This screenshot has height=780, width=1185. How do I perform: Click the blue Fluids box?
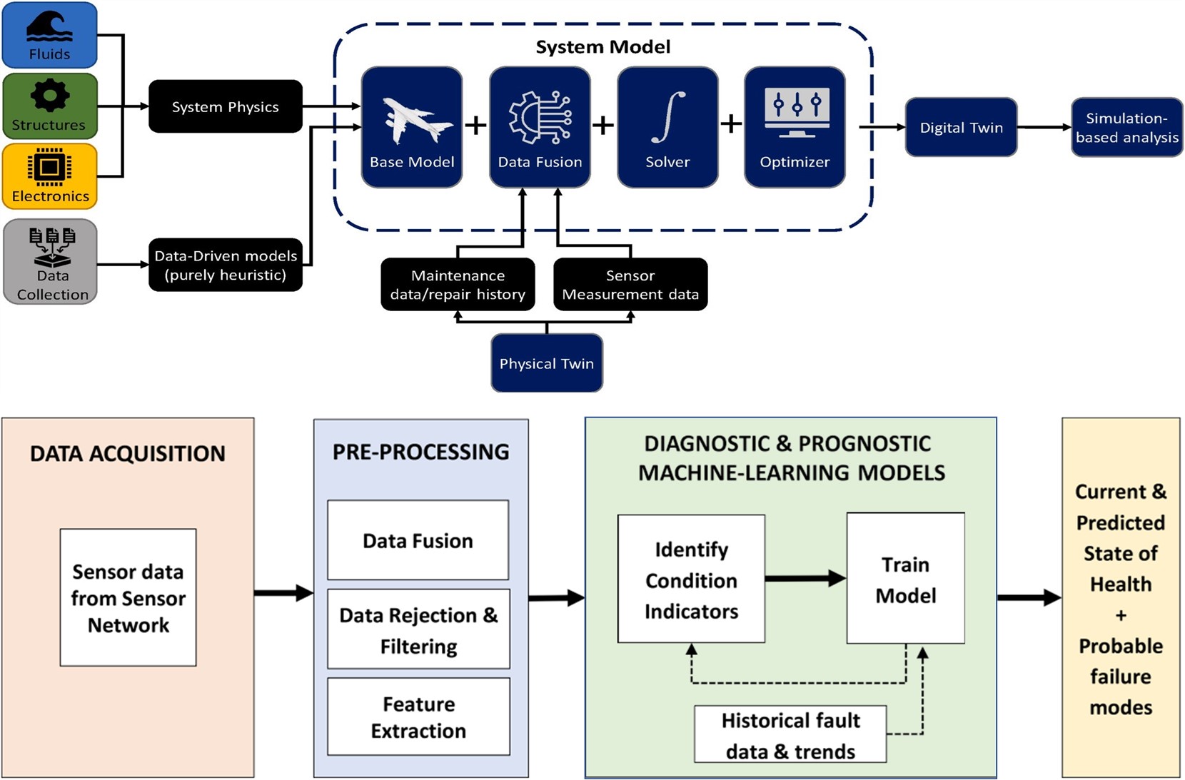click(x=49, y=35)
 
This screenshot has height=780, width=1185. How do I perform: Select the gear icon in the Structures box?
click(x=49, y=96)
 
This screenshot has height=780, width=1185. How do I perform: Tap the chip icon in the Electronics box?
click(x=49, y=167)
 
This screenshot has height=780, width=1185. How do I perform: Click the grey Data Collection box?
click(x=50, y=262)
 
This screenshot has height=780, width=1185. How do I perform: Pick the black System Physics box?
click(x=226, y=106)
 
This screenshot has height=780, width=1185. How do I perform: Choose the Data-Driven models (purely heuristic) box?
click(x=226, y=265)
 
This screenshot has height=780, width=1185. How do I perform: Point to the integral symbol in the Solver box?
click(x=668, y=116)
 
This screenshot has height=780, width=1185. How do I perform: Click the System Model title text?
click(x=603, y=47)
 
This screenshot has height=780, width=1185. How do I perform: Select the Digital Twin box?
click(x=961, y=128)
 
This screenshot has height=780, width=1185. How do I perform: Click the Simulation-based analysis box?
click(x=1126, y=128)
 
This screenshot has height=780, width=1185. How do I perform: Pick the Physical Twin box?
click(x=547, y=363)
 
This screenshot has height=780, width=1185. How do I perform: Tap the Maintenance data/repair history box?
click(x=458, y=285)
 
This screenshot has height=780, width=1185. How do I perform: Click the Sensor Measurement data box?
click(x=630, y=285)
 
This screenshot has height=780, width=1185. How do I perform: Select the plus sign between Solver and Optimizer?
click(x=731, y=124)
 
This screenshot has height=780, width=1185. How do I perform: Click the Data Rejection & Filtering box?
click(x=418, y=629)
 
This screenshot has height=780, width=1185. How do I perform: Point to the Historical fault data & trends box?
click(x=790, y=735)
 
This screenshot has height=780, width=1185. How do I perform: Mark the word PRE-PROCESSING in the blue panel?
click(x=421, y=452)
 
